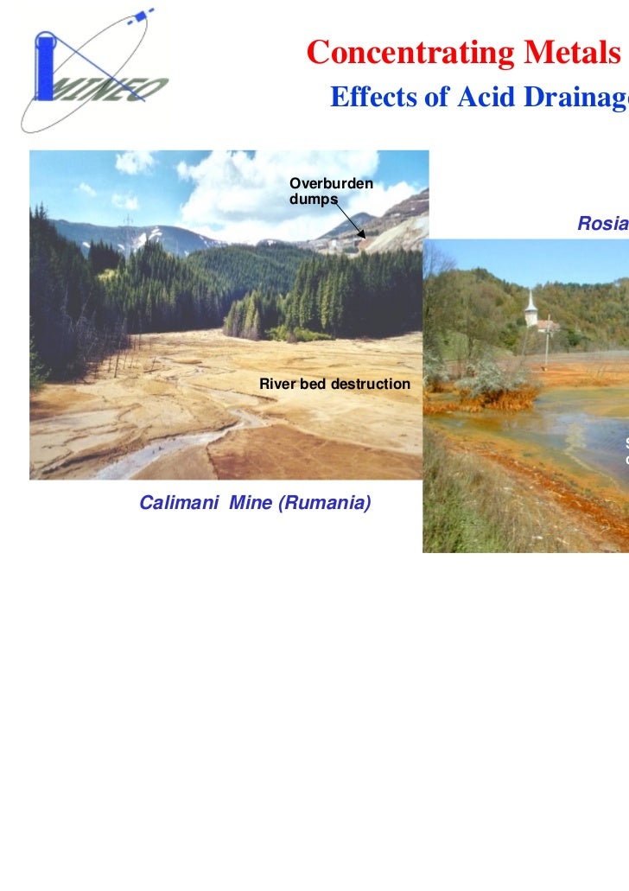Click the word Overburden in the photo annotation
click(331, 183)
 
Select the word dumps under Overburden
click(313, 199)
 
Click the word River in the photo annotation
click(278, 383)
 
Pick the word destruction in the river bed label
click(368, 383)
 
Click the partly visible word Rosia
click(603, 224)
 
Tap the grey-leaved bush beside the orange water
click(488, 380)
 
